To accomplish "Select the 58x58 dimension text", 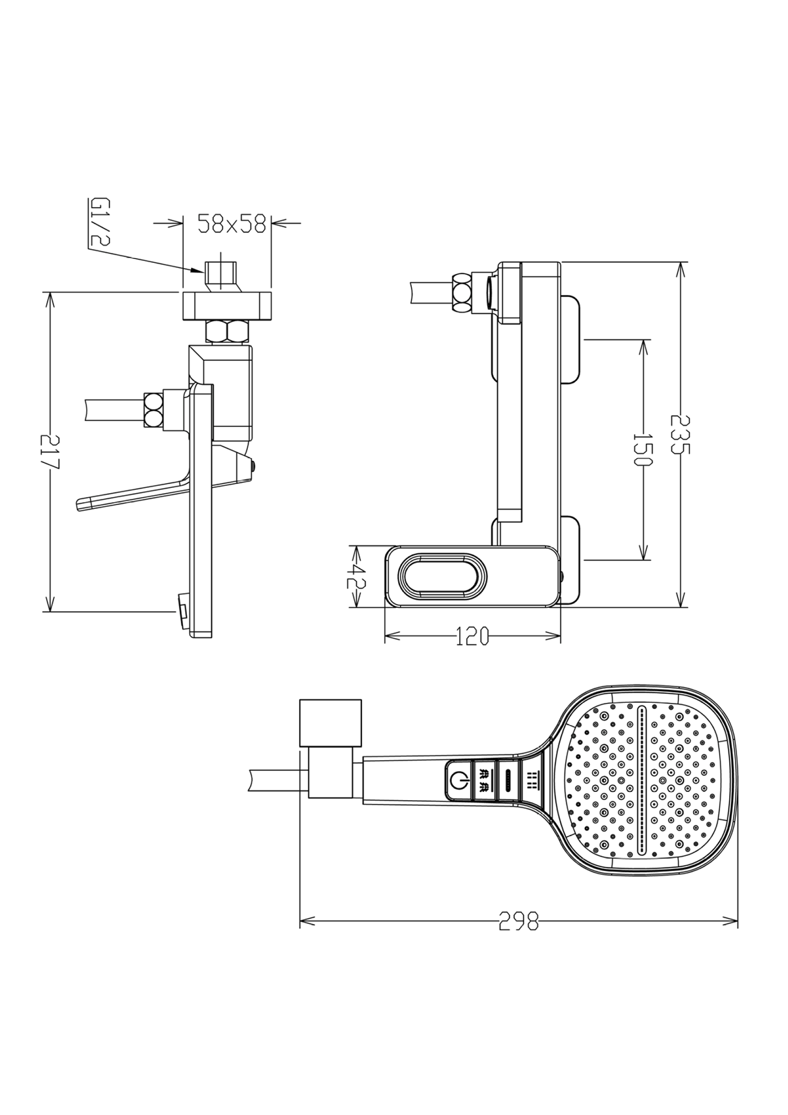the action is coord(232,224).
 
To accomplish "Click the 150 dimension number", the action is coord(642,450).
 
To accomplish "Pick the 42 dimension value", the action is coord(356,577).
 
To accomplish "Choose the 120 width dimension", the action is coord(471,637).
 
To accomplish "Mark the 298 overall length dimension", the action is coord(519,921).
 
